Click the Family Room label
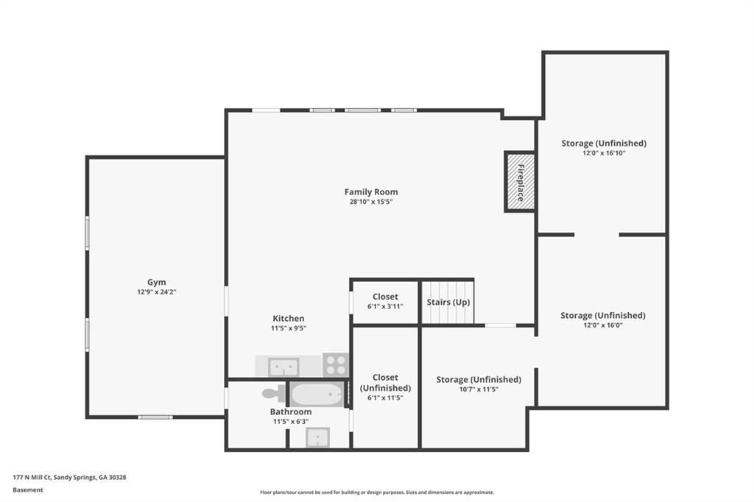tap(371, 192)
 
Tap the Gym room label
tap(156, 282)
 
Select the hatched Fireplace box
tap(519, 182)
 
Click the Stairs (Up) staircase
tap(448, 303)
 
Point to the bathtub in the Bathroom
tap(317, 395)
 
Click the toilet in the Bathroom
tap(272, 393)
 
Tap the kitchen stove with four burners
tap(335, 364)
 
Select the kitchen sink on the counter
tap(283, 366)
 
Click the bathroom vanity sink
tap(318, 438)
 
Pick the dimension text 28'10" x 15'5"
tap(371, 202)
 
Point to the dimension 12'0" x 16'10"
tap(604, 153)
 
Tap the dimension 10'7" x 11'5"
tap(478, 389)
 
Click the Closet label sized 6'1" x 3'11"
tap(385, 297)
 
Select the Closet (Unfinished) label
tap(385, 383)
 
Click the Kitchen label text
tap(289, 319)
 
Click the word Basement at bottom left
tap(28, 489)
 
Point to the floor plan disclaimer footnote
tap(376, 492)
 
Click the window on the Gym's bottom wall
tap(155, 417)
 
